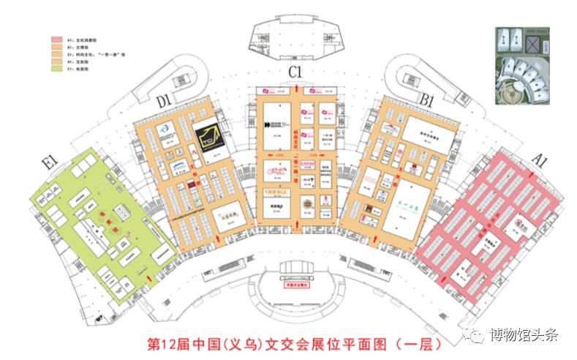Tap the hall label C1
point(295,72)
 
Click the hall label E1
point(50,162)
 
